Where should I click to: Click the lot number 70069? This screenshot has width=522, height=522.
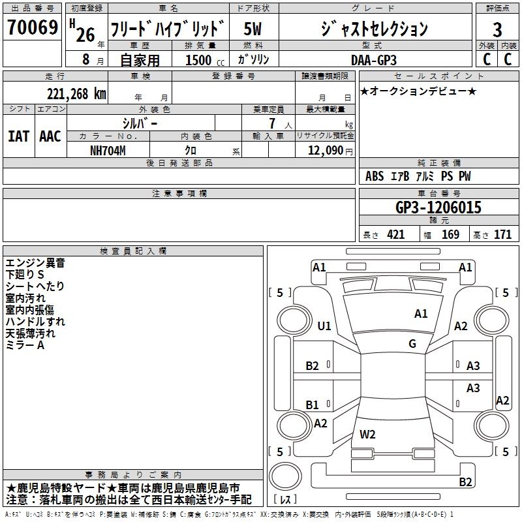point(33,27)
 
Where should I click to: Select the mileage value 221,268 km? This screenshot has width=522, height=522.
point(76,94)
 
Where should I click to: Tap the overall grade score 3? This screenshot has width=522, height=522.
point(497,30)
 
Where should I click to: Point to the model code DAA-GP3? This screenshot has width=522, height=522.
point(374,60)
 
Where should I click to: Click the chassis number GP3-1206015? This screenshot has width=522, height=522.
point(438,207)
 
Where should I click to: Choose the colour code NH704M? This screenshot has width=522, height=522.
point(108,151)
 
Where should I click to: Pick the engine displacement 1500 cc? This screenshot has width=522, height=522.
point(205,60)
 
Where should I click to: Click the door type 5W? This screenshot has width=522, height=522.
point(253,29)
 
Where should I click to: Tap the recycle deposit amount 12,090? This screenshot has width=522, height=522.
point(325,151)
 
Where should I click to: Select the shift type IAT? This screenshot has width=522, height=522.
point(18,136)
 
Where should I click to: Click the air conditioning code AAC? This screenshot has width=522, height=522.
point(50,136)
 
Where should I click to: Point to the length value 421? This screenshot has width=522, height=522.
point(396,235)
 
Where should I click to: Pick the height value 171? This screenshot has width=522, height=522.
point(502,235)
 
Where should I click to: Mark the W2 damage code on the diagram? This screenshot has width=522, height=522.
point(367,435)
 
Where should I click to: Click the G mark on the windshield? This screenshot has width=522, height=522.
point(412,344)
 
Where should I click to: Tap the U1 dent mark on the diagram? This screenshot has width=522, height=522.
point(324,326)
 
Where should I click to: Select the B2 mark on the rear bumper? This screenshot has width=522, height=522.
point(465,482)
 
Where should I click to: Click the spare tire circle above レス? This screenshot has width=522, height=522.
point(285,476)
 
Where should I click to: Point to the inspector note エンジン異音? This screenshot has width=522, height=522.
point(35,263)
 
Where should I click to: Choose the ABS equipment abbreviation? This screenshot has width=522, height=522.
point(375,176)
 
